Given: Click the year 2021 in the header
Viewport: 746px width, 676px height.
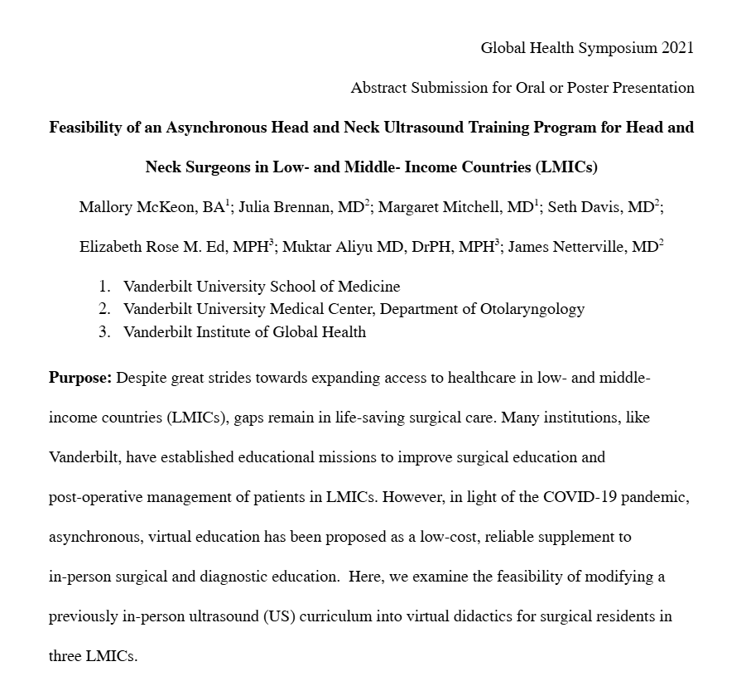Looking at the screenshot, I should tap(677, 48).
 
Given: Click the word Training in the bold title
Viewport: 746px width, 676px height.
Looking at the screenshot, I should tap(457, 128).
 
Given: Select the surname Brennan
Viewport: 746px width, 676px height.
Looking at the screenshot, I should tap(304, 207).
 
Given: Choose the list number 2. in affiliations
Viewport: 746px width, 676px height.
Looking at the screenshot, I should tap(104, 309).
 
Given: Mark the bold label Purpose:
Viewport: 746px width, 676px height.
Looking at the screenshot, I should tap(80, 379).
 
